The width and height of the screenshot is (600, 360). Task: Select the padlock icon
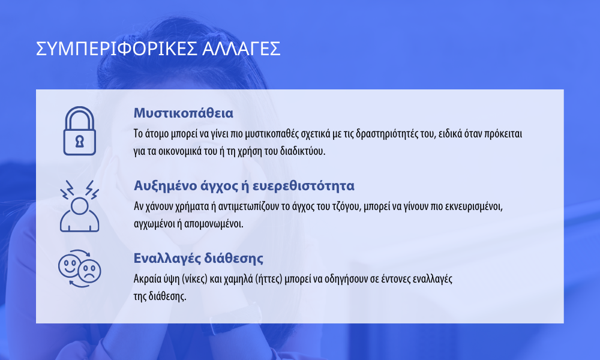[80, 131]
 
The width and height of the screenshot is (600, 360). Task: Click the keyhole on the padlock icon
[80, 141]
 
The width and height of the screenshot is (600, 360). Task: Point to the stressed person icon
[80, 206]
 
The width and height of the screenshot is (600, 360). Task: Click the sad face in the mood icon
[89, 271]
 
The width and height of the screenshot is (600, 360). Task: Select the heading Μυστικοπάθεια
[183, 113]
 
